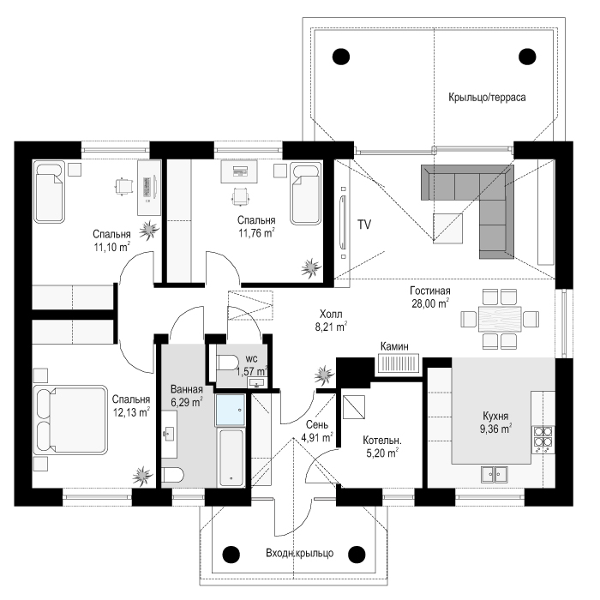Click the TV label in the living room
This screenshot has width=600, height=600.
tap(364, 225)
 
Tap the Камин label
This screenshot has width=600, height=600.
tap(394, 346)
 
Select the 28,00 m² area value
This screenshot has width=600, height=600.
tap(430, 303)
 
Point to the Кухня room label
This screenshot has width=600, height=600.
tap(495, 416)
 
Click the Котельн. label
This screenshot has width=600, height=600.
tap(382, 441)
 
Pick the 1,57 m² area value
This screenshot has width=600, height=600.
tap(252, 371)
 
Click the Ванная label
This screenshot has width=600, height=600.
tap(187, 389)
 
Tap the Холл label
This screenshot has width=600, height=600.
tap(331, 315)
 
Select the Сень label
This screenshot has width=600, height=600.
tap(317, 425)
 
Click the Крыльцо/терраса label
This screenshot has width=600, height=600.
tap(487, 97)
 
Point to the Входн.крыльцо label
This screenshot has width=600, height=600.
tap(300, 553)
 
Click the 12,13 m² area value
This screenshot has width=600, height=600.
tap(131, 412)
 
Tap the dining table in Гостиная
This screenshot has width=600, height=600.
tap(500, 319)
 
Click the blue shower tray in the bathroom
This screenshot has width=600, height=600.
tap(231, 410)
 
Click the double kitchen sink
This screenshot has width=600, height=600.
tap(495, 475)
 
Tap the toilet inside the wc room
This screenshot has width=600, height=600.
tap(227, 363)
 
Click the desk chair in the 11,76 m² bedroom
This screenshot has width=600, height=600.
tap(241, 196)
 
